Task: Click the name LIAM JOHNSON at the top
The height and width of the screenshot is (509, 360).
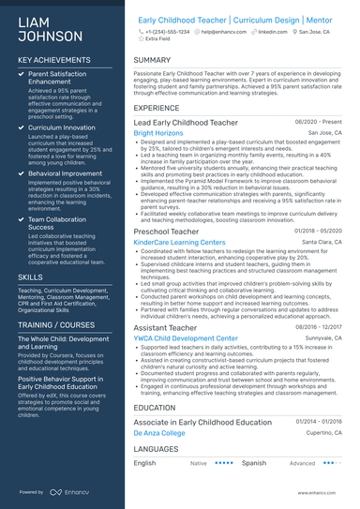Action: coord(46,30)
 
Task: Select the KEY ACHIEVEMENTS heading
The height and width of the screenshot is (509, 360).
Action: coord(54,60)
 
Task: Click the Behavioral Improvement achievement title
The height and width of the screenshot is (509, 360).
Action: coord(64,173)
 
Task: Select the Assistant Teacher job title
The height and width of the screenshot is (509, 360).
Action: coord(165,328)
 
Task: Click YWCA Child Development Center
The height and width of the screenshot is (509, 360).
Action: coord(186,338)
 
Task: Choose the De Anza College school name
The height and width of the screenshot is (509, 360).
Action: coord(159,433)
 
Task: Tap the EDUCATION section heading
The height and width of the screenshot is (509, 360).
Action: coord(155,408)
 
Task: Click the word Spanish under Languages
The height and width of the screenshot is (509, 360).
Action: coord(253,463)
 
